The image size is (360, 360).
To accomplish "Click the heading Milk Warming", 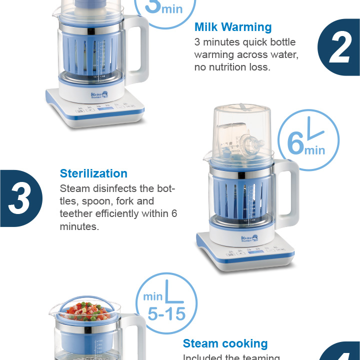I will tap(233, 27).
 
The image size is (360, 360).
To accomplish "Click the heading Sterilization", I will tap(93, 173).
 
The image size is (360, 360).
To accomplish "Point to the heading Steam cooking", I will tap(225, 343).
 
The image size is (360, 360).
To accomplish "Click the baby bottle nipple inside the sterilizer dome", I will tap(254, 143).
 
